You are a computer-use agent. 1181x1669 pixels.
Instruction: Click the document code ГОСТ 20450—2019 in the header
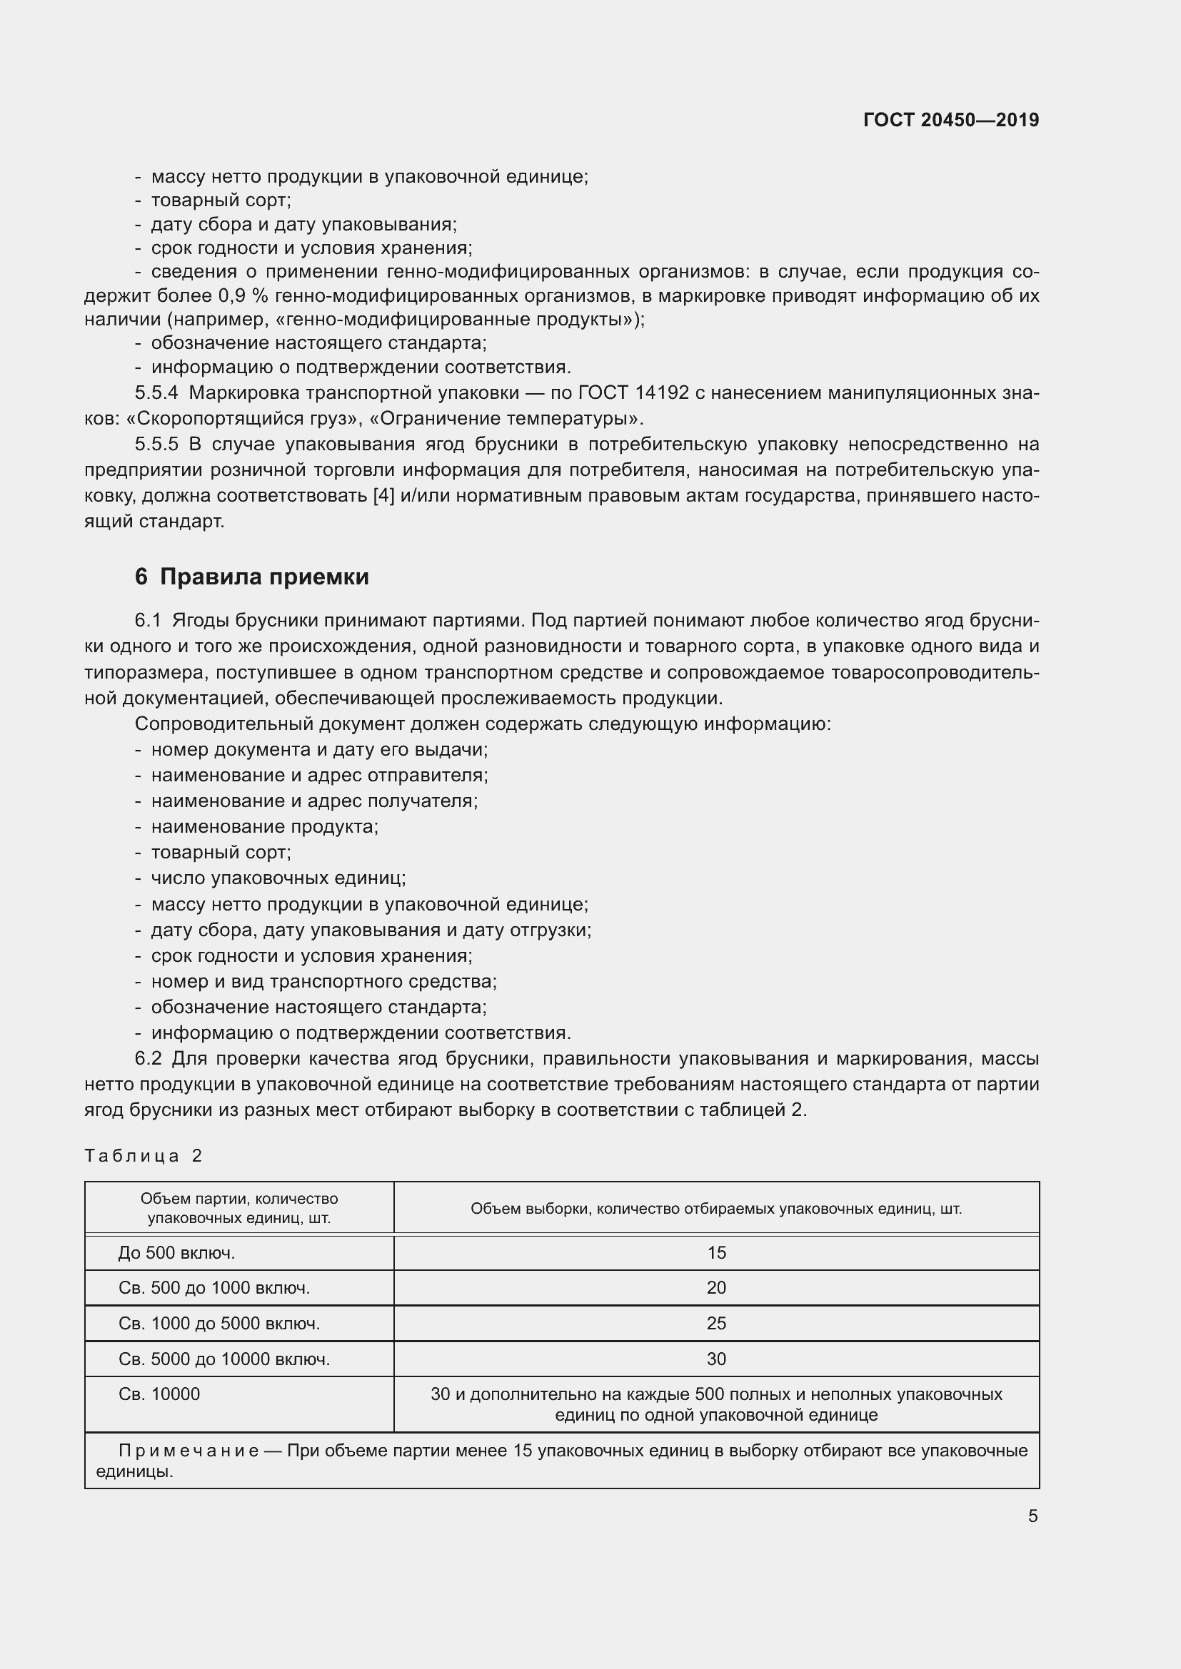point(950,120)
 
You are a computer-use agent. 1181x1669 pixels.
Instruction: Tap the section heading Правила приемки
point(264,577)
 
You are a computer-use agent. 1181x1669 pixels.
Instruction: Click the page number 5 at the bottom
point(1032,1516)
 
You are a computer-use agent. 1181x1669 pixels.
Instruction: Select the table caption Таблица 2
point(144,1156)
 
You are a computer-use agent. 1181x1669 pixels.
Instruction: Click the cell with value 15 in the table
point(715,1252)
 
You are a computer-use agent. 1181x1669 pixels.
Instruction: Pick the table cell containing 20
point(715,1287)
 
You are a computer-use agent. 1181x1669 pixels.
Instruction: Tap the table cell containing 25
point(715,1323)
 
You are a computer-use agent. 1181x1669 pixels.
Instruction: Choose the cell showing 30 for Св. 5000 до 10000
point(715,1359)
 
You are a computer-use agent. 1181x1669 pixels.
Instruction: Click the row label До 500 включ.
point(176,1252)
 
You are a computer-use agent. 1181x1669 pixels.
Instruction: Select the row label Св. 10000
point(159,1394)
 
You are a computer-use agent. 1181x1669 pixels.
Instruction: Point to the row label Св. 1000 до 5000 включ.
point(219,1323)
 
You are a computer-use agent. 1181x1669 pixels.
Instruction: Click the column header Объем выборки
point(715,1208)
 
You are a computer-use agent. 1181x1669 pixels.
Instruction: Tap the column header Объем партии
point(238,1208)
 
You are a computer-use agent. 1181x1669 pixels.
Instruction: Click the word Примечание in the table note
point(189,1451)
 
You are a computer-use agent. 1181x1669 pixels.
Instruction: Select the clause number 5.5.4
point(156,393)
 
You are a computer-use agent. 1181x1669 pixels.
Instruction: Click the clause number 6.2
point(148,1058)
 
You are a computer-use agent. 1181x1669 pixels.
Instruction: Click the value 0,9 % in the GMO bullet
point(243,296)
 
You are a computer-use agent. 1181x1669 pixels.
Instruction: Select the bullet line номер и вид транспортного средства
point(323,981)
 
